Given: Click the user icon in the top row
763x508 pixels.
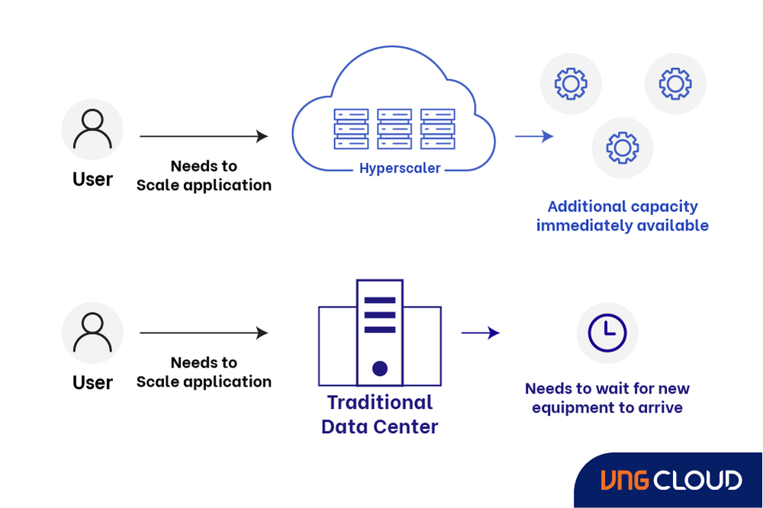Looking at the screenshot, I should click(x=92, y=130).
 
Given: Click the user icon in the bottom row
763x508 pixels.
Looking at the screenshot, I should click(x=92, y=333).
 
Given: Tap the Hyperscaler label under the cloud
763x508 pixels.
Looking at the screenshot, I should click(x=400, y=169).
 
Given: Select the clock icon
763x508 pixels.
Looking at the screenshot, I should click(x=607, y=333).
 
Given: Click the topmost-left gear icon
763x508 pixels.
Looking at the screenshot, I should click(x=571, y=84).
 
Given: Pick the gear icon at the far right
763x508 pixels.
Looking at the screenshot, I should click(x=675, y=84).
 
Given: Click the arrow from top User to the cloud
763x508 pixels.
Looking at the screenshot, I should click(x=203, y=137).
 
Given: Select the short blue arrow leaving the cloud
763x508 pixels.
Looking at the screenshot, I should click(x=534, y=137).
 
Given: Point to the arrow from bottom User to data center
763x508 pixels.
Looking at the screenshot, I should click(x=203, y=333).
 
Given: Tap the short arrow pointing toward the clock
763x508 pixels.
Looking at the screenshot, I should click(x=480, y=333).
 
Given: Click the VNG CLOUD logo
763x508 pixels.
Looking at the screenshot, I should click(x=670, y=481).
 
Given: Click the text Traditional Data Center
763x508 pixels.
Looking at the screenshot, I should click(x=380, y=414).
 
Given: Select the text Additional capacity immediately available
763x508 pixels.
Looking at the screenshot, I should click(x=623, y=216).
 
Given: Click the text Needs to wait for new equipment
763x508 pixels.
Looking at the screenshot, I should click(x=607, y=398).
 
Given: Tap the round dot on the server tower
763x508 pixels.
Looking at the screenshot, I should click(x=380, y=368).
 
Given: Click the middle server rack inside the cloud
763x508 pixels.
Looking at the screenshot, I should click(x=394, y=129).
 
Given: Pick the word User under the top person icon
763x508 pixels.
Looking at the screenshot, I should click(x=92, y=179).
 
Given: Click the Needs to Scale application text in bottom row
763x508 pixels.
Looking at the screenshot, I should click(x=204, y=372).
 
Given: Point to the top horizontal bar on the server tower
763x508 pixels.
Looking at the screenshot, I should click(x=380, y=301).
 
